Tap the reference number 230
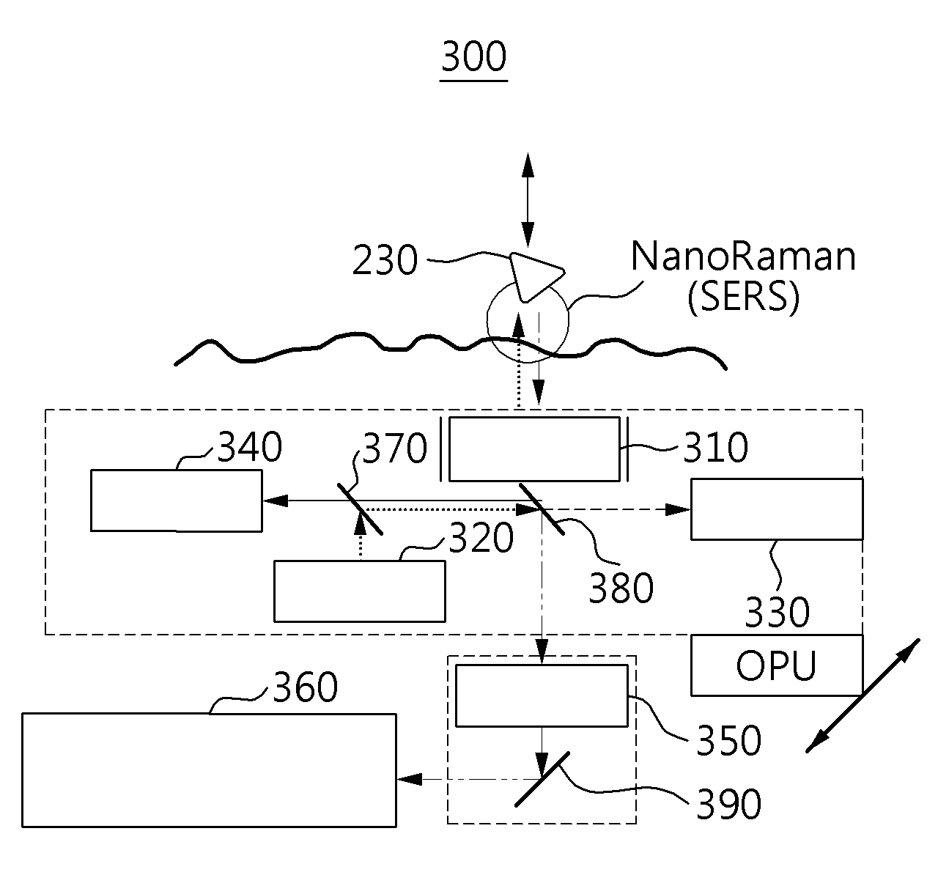385,260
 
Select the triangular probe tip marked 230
533,277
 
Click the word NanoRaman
743,256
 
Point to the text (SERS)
743,297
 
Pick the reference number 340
250,447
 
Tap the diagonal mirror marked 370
360,509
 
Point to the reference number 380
621,588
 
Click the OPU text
777,665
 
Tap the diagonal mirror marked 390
542,779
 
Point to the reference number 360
306,687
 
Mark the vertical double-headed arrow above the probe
528,200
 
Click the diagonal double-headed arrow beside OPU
863,695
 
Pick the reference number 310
715,447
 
